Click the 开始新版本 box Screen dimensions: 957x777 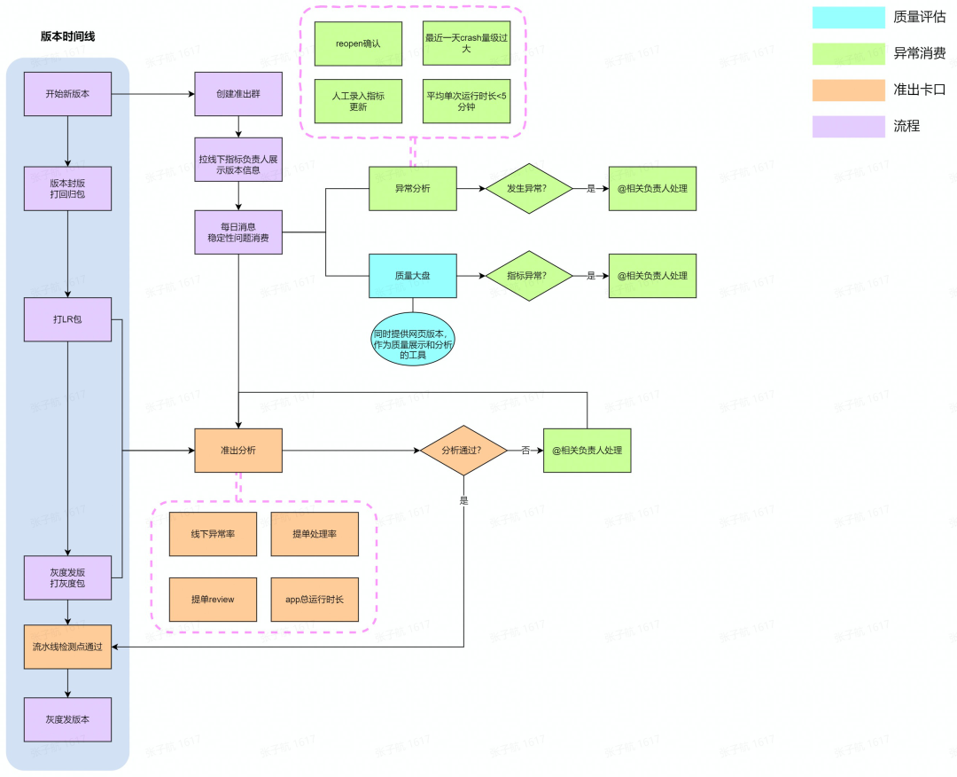tap(67, 94)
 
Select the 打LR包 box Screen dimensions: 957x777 tap(67, 319)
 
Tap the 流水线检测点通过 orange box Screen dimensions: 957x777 tap(67, 647)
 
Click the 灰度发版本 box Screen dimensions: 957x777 tap(67, 719)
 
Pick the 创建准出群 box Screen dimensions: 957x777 tap(238, 94)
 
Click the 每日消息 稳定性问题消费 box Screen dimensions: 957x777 tap(238, 232)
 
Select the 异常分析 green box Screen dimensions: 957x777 tap(413, 189)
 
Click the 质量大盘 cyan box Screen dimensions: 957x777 tap(413, 276)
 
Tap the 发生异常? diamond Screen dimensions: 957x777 tap(528, 189)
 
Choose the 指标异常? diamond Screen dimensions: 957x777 tap(528, 276)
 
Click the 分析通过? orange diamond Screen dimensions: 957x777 tap(463, 451)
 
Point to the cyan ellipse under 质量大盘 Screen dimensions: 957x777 tap(413, 340)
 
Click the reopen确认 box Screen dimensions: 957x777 tap(358, 44)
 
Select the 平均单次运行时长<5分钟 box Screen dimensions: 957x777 tap(466, 101)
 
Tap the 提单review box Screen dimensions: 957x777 tap(213, 600)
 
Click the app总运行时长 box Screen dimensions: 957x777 tap(315, 600)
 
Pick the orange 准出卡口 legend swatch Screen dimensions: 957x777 tap(848, 90)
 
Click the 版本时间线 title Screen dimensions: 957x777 tap(67, 36)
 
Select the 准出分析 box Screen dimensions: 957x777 tap(238, 451)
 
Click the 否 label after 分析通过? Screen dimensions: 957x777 tap(525, 451)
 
